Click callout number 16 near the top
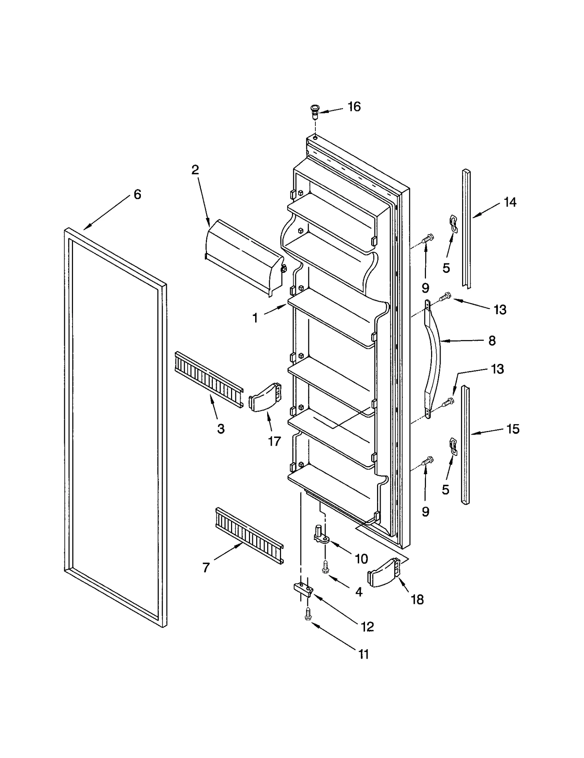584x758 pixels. tap(354, 107)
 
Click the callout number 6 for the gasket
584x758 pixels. tap(137, 194)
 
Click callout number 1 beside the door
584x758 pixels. tap(255, 318)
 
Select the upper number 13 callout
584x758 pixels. tap(500, 310)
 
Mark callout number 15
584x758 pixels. tap(513, 429)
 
